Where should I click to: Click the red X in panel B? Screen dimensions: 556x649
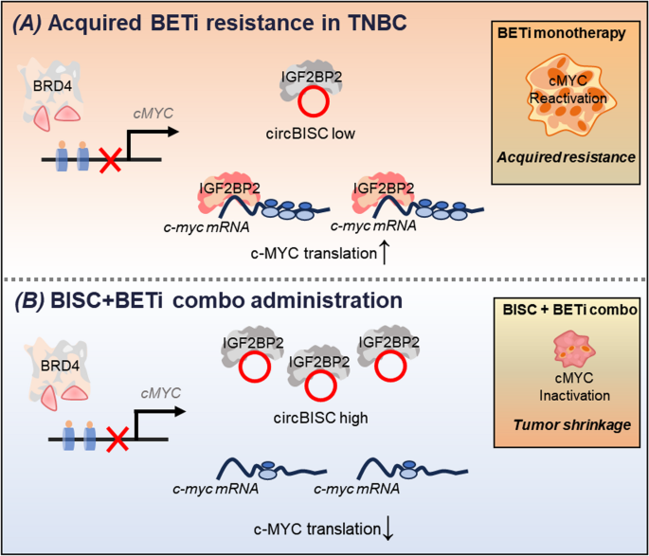[x=111, y=439]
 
